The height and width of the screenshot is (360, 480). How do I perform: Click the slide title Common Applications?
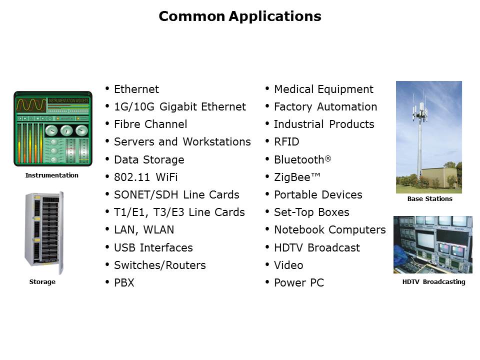pyautogui.click(x=240, y=16)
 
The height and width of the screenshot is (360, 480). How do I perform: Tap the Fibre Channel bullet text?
pyautogui.click(x=150, y=124)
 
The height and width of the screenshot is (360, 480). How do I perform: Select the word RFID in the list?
pyautogui.click(x=286, y=141)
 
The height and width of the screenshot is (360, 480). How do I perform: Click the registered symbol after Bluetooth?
pyautogui.click(x=328, y=158)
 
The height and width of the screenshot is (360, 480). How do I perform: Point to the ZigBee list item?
pyautogui.click(x=297, y=177)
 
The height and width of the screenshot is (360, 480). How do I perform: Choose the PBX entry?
pyautogui.click(x=124, y=282)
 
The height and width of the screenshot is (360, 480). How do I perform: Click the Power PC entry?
pyautogui.click(x=299, y=282)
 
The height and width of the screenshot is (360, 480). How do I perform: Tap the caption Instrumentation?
pyautogui.click(x=51, y=175)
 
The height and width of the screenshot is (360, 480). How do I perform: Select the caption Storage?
pyautogui.click(x=42, y=281)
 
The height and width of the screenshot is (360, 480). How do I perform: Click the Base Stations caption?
pyautogui.click(x=430, y=198)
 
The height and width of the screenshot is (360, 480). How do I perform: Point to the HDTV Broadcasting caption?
pyautogui.click(x=434, y=281)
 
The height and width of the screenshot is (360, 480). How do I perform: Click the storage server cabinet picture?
pyautogui.click(x=44, y=233)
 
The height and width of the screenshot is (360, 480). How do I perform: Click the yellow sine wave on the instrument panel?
pyautogui.click(x=31, y=105)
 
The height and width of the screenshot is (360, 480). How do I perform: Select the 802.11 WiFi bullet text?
pyautogui.click(x=145, y=177)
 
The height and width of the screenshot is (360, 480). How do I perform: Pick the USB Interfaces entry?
pyautogui.click(x=153, y=247)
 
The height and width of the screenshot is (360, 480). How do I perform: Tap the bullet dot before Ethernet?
pyautogui.click(x=107, y=89)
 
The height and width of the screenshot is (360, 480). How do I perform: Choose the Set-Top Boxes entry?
pyautogui.click(x=311, y=212)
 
